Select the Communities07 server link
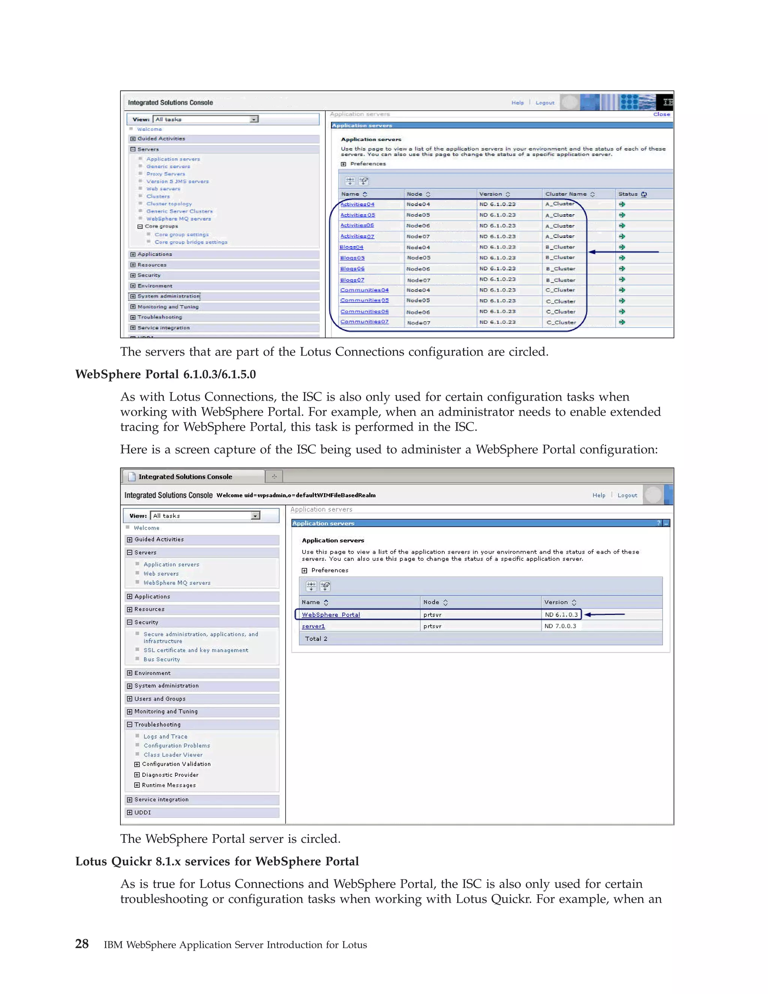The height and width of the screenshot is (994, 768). [x=364, y=322]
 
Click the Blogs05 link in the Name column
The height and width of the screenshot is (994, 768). [x=352, y=258]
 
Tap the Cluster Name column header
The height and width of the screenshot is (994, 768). [x=565, y=194]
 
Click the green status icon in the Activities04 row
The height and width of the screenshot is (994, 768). [x=622, y=204]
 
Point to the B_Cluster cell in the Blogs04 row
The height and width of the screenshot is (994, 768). [x=560, y=247]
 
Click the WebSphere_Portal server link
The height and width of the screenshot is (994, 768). [x=331, y=615]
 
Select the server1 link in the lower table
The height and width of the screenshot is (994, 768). [x=313, y=626]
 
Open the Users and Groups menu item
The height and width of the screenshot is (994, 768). [x=160, y=699]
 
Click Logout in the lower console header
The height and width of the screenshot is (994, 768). [x=627, y=495]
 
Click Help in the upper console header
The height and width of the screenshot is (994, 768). [x=517, y=103]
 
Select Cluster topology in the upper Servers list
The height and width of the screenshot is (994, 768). [x=169, y=204]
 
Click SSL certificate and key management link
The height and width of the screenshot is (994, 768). [x=196, y=650]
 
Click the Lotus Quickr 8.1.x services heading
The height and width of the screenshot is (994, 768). [x=217, y=861]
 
